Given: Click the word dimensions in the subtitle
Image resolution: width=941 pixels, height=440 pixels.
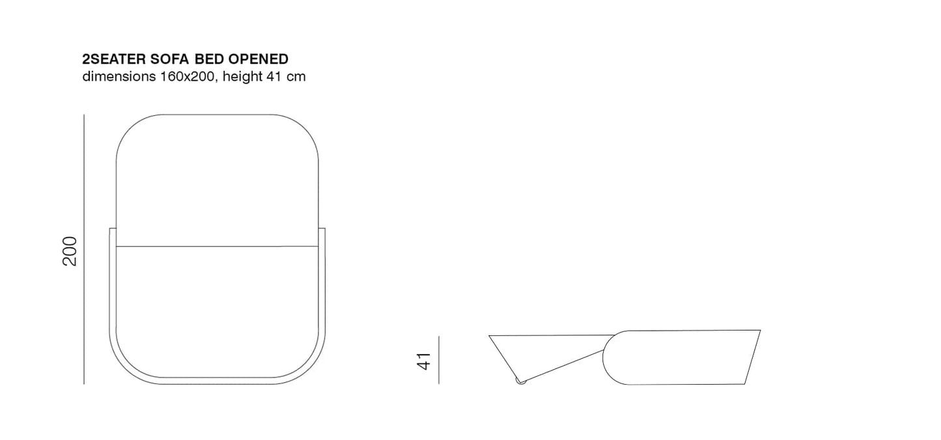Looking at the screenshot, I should click(119, 76).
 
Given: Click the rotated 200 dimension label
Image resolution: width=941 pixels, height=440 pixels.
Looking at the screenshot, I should click(70, 251).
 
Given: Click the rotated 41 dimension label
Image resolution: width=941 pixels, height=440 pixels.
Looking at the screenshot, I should click(424, 361).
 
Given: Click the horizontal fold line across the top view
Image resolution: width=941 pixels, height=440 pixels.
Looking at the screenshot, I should click(218, 247).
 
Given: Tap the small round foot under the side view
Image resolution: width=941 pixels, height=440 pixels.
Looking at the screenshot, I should click(520, 381).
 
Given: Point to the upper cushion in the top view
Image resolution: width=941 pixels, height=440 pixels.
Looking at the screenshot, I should click(218, 182).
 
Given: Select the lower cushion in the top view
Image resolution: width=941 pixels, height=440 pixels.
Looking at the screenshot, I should click(218, 306).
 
